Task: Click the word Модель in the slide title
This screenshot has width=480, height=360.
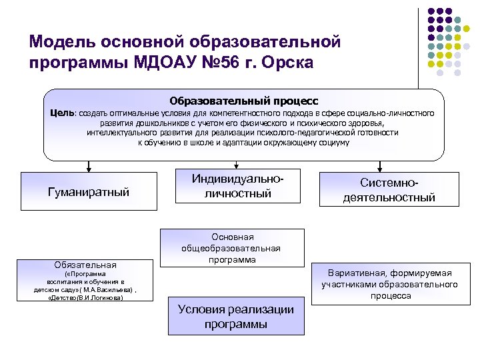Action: coord(63,42)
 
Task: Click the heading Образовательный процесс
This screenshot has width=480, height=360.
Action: coord(243,101)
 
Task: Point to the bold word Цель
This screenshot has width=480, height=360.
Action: coord(63,113)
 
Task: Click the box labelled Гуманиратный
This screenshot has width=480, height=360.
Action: coord(89,192)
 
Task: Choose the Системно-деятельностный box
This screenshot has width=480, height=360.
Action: coord(389,190)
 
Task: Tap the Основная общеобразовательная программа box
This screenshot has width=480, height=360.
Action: coord(231,248)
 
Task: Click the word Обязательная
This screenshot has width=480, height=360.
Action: coord(85,264)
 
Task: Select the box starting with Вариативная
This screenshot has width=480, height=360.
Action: coord(389,284)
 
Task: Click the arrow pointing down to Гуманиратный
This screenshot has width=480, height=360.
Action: coord(87,167)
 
